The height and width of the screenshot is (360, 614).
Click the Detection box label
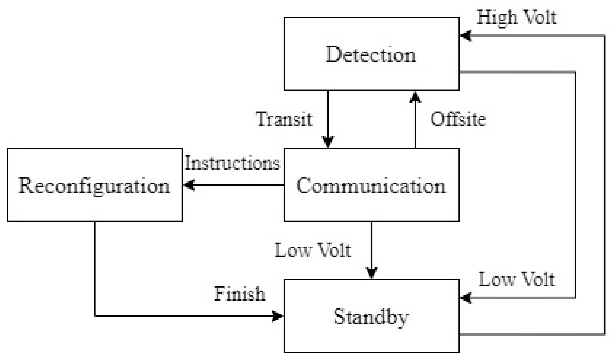pyautogui.click(x=371, y=54)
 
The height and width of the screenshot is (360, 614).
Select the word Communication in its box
pyautogui.click(x=371, y=186)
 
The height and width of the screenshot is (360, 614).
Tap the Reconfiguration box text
pyautogui.click(x=94, y=186)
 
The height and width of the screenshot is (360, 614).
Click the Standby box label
pyautogui.click(x=371, y=317)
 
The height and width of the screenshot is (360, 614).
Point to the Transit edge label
pyautogui.click(x=284, y=119)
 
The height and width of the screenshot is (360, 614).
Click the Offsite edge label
pyautogui.click(x=458, y=119)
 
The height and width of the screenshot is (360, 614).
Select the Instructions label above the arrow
pyautogui.click(x=232, y=163)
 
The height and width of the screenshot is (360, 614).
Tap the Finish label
pyautogui.click(x=240, y=294)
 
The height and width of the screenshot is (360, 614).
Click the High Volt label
pyautogui.click(x=516, y=17)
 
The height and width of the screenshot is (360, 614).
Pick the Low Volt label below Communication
pyautogui.click(x=313, y=250)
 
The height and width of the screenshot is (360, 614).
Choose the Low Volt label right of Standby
pyautogui.click(x=516, y=280)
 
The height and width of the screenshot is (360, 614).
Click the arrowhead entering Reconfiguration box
pyautogui.click(x=189, y=185)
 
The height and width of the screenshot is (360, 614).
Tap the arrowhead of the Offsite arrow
pyautogui.click(x=415, y=97)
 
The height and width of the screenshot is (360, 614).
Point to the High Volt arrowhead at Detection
pyautogui.click(x=465, y=36)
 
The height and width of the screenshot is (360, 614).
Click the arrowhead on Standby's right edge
pyautogui.click(x=465, y=298)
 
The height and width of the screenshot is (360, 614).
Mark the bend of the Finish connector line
pyautogui.click(x=95, y=316)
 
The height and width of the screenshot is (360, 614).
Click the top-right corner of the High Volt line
pyautogui.click(x=604, y=36)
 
